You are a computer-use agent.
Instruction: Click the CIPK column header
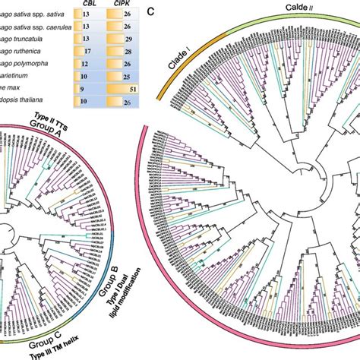coord(119,4)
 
